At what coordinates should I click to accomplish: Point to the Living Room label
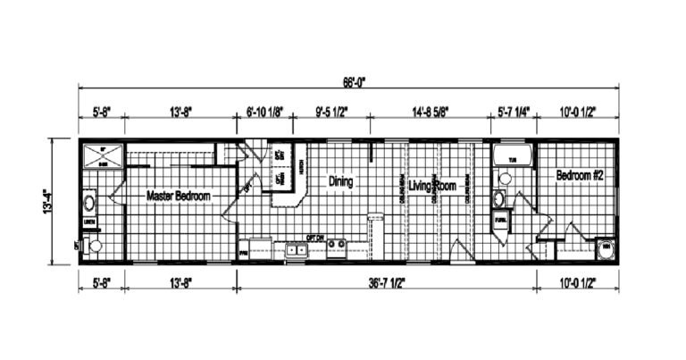pyautogui.click(x=432, y=187)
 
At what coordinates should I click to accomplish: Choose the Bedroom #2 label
pyautogui.click(x=580, y=175)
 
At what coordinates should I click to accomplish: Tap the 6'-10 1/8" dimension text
pyautogui.click(x=264, y=112)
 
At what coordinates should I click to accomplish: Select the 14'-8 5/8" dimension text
pyautogui.click(x=432, y=112)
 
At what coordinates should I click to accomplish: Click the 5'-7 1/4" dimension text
pyautogui.click(x=514, y=112)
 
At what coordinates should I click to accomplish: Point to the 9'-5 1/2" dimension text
pyautogui.click(x=331, y=112)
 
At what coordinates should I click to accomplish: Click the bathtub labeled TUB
pyautogui.click(x=513, y=160)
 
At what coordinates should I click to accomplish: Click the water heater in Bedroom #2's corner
pyautogui.click(x=605, y=247)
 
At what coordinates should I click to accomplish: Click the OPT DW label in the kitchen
pyautogui.click(x=314, y=239)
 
